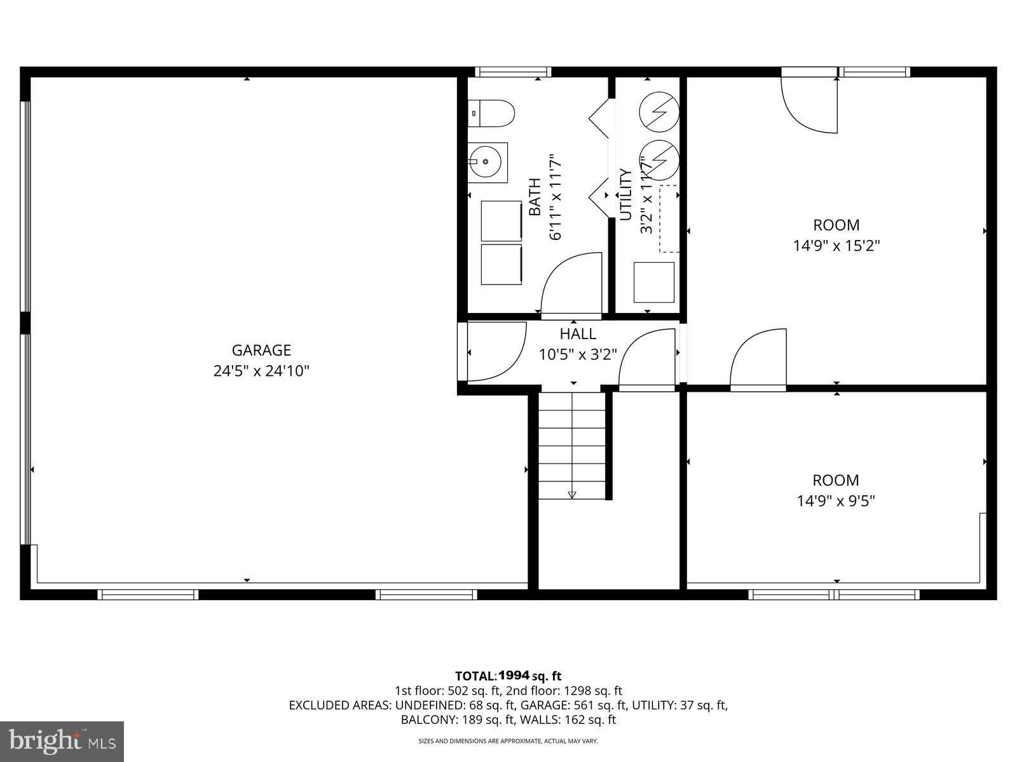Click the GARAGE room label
tap(261, 350)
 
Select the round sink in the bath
tap(488, 162)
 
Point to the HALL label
tap(578, 334)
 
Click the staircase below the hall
tap(572, 444)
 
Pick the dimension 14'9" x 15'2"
tap(836, 246)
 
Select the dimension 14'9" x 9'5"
tap(836, 501)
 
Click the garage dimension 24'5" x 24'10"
tap(261, 371)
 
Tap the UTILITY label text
tap(625, 194)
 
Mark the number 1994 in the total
tap(514, 676)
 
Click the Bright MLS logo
tap(62, 740)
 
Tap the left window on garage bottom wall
tap(148, 594)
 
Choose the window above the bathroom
tap(513, 72)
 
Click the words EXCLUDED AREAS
tap(339, 705)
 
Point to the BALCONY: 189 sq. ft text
tap(453, 720)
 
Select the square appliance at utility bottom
tap(654, 282)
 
